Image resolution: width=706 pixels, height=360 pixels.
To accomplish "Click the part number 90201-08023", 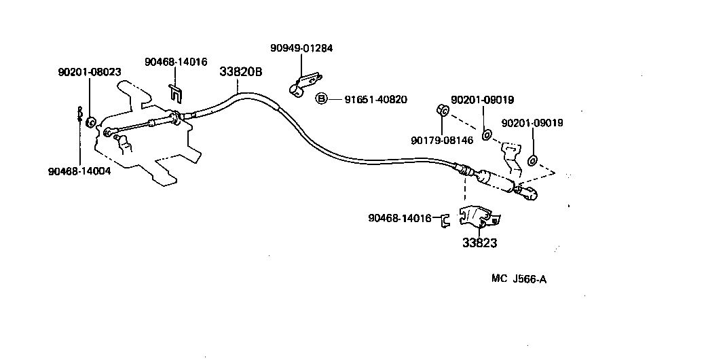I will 89,71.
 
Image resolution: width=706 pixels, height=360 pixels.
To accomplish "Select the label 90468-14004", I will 79,171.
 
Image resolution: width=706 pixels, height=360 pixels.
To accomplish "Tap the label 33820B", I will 240,71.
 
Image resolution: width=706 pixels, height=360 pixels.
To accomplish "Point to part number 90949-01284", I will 301,48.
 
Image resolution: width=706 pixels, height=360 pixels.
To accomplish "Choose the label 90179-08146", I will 442,141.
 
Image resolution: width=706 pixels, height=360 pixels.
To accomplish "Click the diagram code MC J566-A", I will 519,278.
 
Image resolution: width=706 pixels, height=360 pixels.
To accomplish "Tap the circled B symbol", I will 322,99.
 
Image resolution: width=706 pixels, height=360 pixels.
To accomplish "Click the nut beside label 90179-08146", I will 441,110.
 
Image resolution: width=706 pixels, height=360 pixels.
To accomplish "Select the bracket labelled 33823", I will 480,216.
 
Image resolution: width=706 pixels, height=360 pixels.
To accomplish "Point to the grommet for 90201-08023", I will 90,122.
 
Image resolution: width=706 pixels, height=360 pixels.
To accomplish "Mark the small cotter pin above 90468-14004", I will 79,112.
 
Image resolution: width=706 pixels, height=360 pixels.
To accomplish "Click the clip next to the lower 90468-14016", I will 445,219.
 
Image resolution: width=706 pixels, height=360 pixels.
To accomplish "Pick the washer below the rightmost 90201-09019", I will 532,160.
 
